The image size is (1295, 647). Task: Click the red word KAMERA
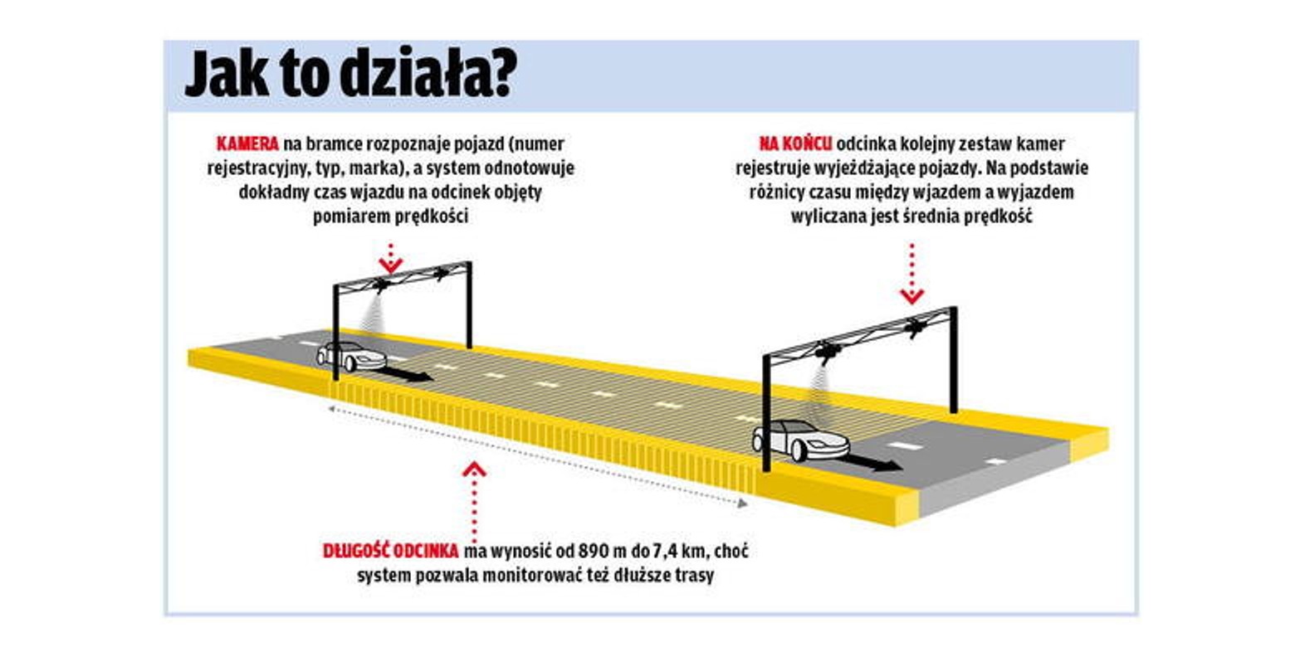[247, 144]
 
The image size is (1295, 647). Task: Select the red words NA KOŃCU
[795, 144]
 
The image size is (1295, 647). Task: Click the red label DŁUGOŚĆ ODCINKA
[391, 551]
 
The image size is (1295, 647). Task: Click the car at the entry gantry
[351, 357]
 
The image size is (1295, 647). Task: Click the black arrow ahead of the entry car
[408, 374]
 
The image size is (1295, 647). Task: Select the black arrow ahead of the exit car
[874, 462]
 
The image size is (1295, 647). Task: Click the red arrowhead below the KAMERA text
[391, 265]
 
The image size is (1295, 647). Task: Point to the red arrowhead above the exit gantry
[911, 297]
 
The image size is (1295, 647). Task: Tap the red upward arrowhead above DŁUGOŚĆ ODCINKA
[474, 469]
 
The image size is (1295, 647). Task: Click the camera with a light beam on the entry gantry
[382, 285]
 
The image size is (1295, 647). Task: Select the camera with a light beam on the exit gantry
[828, 351]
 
